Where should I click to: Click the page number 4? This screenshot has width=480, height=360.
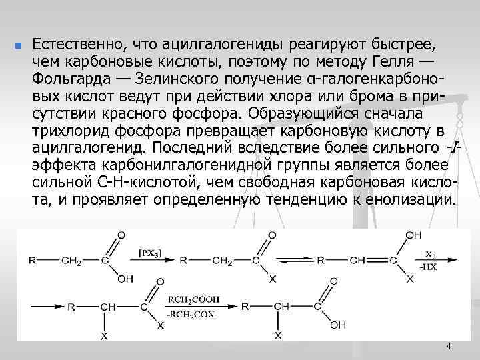pyautogui.click(x=448, y=347)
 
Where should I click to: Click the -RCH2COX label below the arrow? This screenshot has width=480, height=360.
pyautogui.click(x=195, y=314)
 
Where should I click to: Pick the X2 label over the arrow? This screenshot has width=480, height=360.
pyautogui.click(x=433, y=254)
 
